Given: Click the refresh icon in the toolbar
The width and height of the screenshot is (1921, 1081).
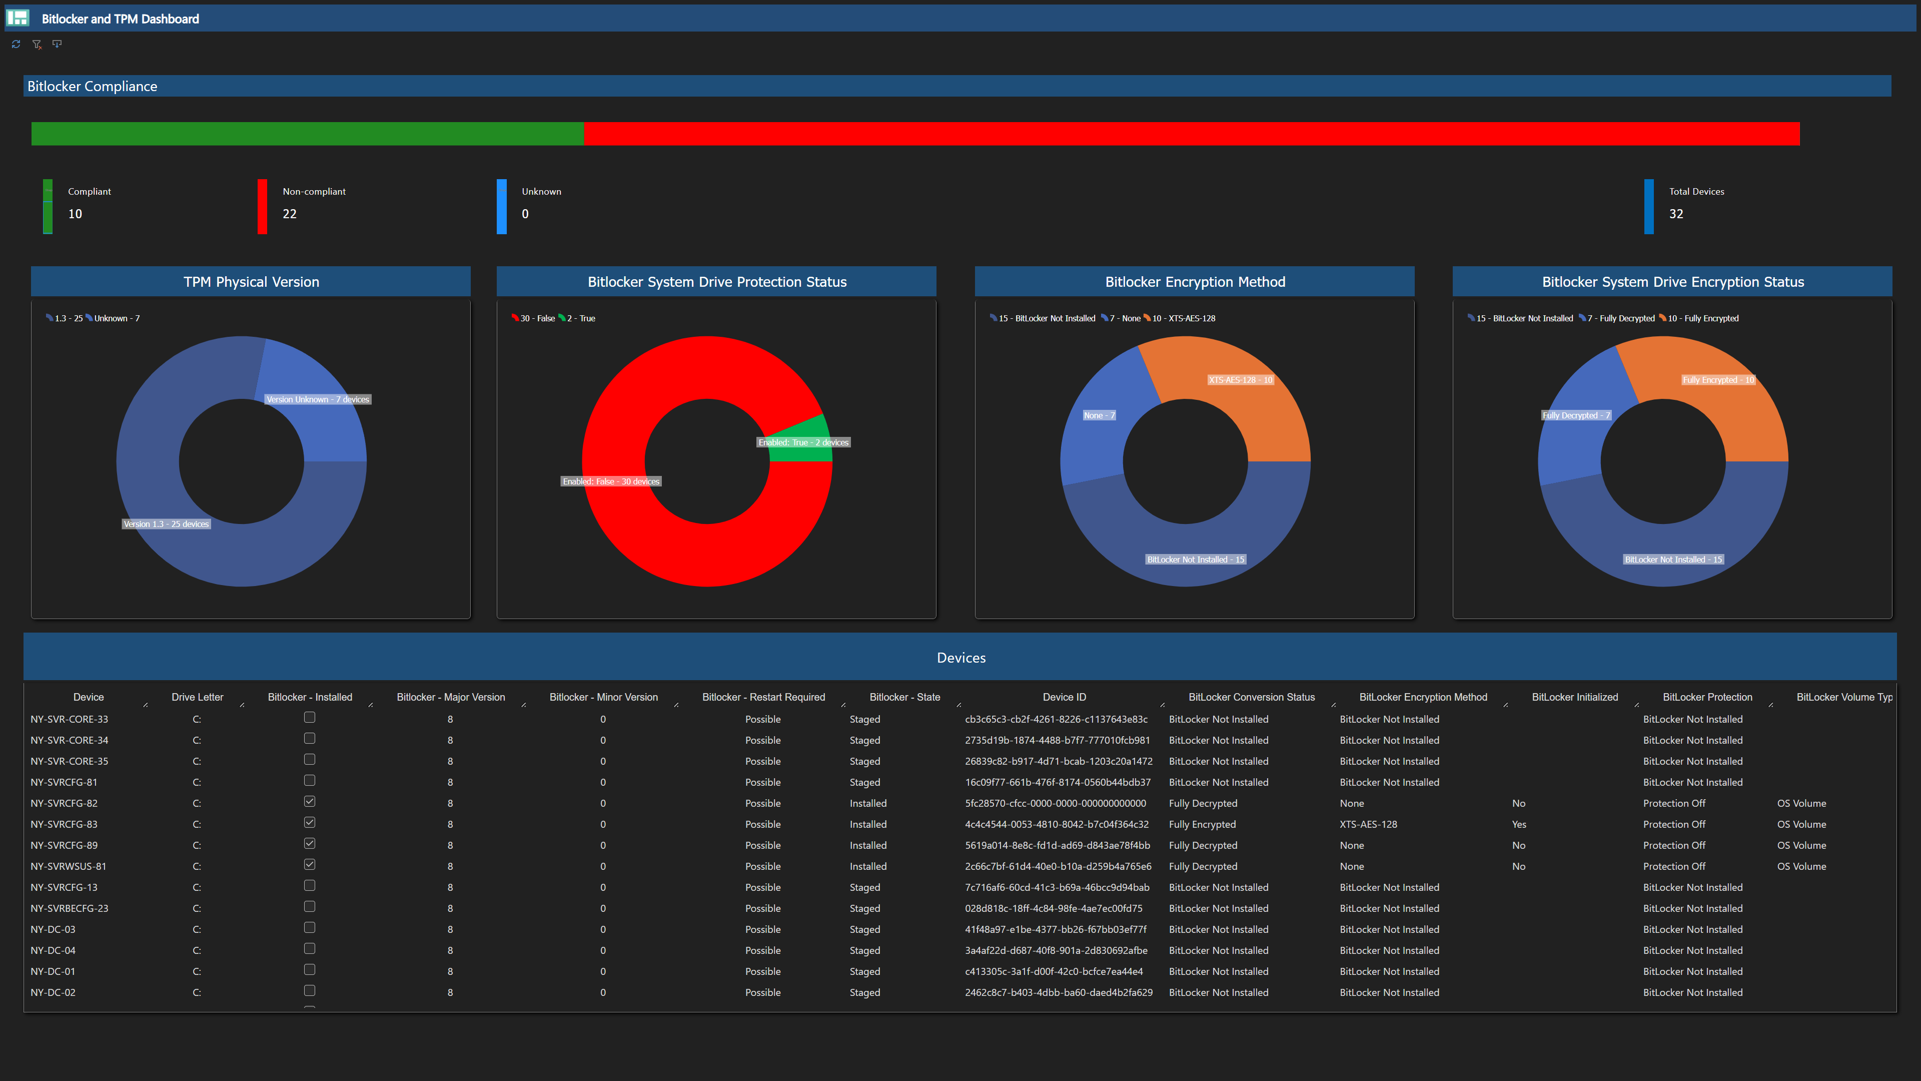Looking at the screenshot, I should click(x=16, y=44).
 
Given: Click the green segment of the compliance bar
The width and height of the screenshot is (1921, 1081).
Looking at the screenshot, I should click(x=307, y=134).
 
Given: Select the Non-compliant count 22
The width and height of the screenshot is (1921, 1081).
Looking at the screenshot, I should click(x=289, y=214).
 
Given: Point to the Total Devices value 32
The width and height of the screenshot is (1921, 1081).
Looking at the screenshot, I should click(x=1676, y=214).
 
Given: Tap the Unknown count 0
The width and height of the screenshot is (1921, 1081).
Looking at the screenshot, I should click(x=525, y=214).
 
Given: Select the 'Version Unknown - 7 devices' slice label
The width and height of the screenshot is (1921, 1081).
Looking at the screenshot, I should click(x=318, y=399).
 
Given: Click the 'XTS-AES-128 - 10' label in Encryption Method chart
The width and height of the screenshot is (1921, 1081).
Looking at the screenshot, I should click(x=1240, y=380).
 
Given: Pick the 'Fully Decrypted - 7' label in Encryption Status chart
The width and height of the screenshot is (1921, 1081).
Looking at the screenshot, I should click(x=1576, y=415).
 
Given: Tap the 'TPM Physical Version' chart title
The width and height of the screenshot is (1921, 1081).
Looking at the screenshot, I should click(x=251, y=282).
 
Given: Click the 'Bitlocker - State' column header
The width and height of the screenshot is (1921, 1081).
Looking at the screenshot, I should click(x=904, y=697).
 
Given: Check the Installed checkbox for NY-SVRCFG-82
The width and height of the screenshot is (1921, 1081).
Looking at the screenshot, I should click(x=310, y=801).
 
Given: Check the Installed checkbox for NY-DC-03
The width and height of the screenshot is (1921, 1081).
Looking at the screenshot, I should click(x=310, y=927).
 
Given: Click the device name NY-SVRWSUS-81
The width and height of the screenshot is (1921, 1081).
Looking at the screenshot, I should click(x=69, y=866).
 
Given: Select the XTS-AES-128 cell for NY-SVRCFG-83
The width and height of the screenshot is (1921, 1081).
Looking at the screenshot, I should click(x=1368, y=824).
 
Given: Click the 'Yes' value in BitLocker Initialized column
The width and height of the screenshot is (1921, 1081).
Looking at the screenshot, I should click(x=1518, y=824).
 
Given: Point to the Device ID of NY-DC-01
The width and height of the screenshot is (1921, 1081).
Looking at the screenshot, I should click(x=1053, y=971).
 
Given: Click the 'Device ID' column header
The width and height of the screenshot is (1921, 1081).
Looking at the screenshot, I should click(x=1064, y=697).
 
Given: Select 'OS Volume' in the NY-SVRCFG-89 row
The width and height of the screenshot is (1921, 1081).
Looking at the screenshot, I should click(x=1801, y=845).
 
